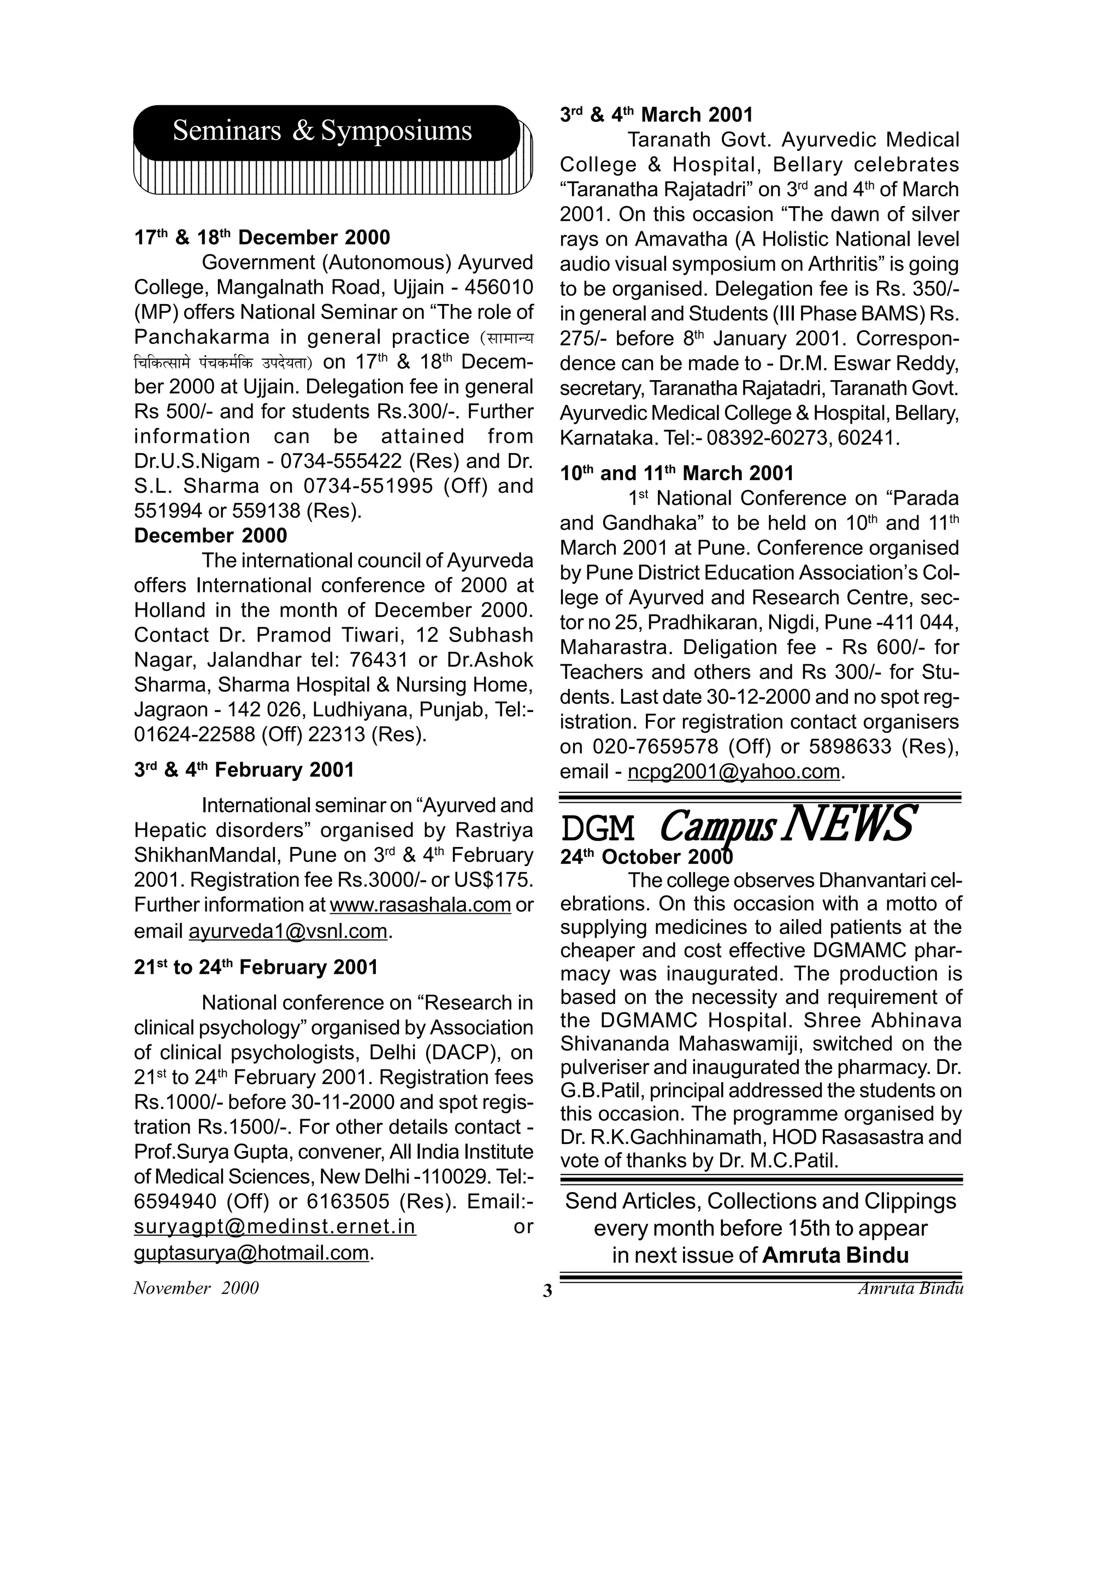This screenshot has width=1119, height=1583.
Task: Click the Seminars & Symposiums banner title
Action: click(322, 130)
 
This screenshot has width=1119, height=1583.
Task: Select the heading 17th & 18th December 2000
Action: click(262, 238)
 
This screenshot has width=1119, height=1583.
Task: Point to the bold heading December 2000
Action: click(210, 536)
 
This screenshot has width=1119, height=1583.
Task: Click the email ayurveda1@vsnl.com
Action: click(288, 931)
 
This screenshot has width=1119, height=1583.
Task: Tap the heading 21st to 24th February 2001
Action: click(256, 967)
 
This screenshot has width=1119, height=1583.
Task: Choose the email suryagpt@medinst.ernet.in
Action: click(275, 1226)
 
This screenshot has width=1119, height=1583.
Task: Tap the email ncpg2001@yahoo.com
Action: click(734, 772)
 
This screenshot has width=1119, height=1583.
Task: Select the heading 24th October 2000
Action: click(646, 857)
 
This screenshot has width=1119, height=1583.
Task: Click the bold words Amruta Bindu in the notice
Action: click(835, 1255)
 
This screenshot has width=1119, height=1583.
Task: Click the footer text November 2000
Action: click(196, 1288)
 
